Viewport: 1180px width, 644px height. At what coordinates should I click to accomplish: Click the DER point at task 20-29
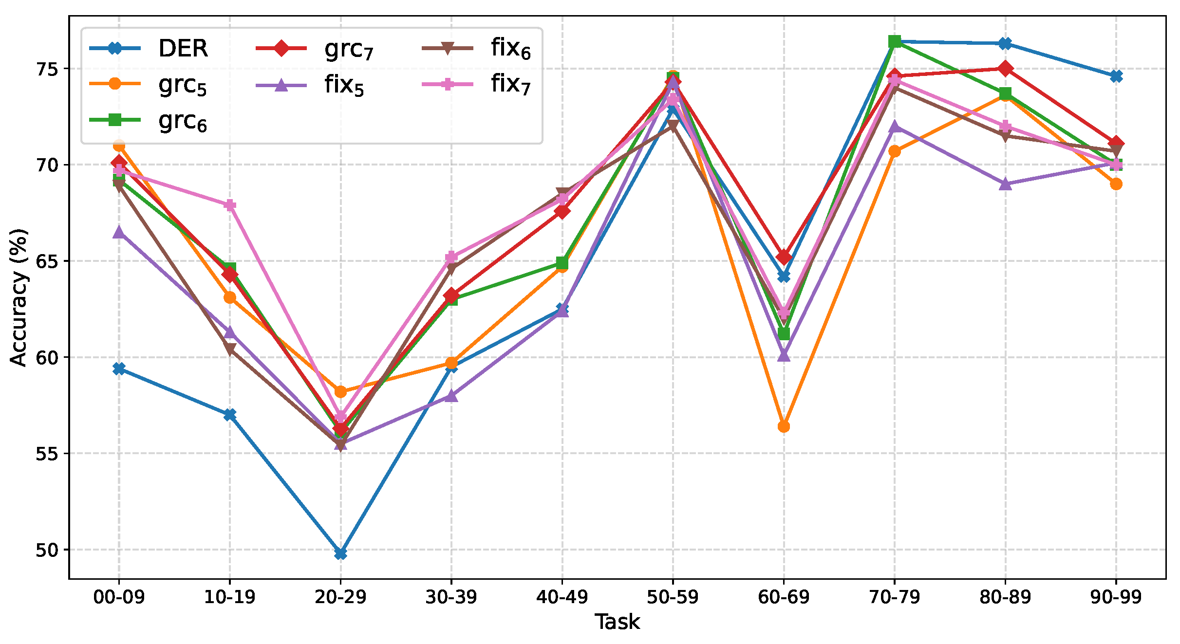(340, 553)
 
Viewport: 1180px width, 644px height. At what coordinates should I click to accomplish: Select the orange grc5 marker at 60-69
(784, 427)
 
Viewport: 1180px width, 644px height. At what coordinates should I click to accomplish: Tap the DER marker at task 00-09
(119, 368)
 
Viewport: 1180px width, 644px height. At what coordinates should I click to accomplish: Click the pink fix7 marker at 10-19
(230, 205)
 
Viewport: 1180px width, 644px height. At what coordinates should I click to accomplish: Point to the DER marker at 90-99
(1116, 76)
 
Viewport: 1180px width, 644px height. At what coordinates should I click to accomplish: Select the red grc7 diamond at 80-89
(1006, 69)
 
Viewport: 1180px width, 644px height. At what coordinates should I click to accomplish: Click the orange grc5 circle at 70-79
(895, 151)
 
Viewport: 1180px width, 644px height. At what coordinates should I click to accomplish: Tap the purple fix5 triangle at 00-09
(119, 232)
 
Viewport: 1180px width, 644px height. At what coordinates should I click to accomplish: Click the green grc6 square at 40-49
(562, 263)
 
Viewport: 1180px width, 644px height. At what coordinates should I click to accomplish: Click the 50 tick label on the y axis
(47, 550)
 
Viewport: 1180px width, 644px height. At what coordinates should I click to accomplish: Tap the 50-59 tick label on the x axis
(673, 597)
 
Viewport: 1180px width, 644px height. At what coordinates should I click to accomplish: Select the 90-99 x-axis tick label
(1116, 597)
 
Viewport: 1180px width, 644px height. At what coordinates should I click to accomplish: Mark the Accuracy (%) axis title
(19, 297)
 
